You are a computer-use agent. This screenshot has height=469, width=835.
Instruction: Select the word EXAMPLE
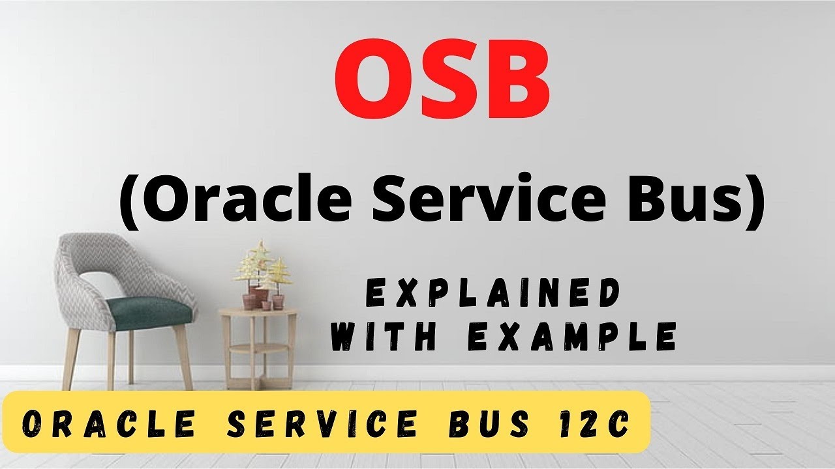pos(574,337)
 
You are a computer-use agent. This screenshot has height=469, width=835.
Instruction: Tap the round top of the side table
pos(258,313)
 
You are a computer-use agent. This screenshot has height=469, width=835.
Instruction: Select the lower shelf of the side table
pos(258,348)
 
